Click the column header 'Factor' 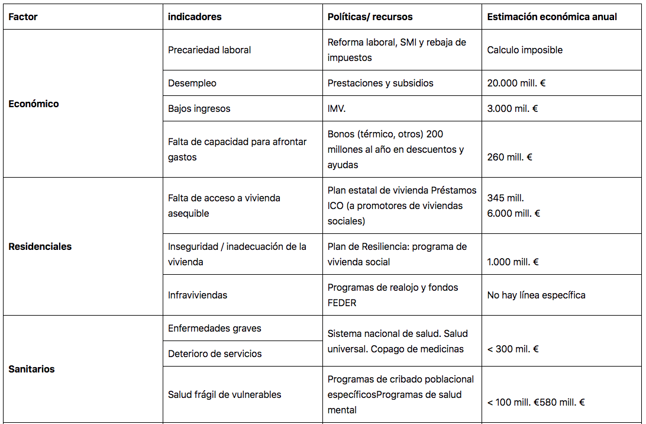23,17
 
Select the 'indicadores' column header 195,17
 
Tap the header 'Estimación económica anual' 551,17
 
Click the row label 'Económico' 34,104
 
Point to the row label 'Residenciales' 40,246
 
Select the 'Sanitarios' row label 31,369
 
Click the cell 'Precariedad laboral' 209,50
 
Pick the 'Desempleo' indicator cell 192,83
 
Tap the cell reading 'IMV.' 337,108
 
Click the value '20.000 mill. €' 516,83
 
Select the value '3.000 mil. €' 512,108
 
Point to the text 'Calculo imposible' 525,50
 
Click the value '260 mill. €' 510,157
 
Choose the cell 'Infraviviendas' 198,295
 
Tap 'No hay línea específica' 536,295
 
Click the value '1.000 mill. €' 512,262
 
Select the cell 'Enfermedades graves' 214,328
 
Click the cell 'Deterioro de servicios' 215,354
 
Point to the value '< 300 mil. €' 512,349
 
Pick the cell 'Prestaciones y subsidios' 380,83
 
